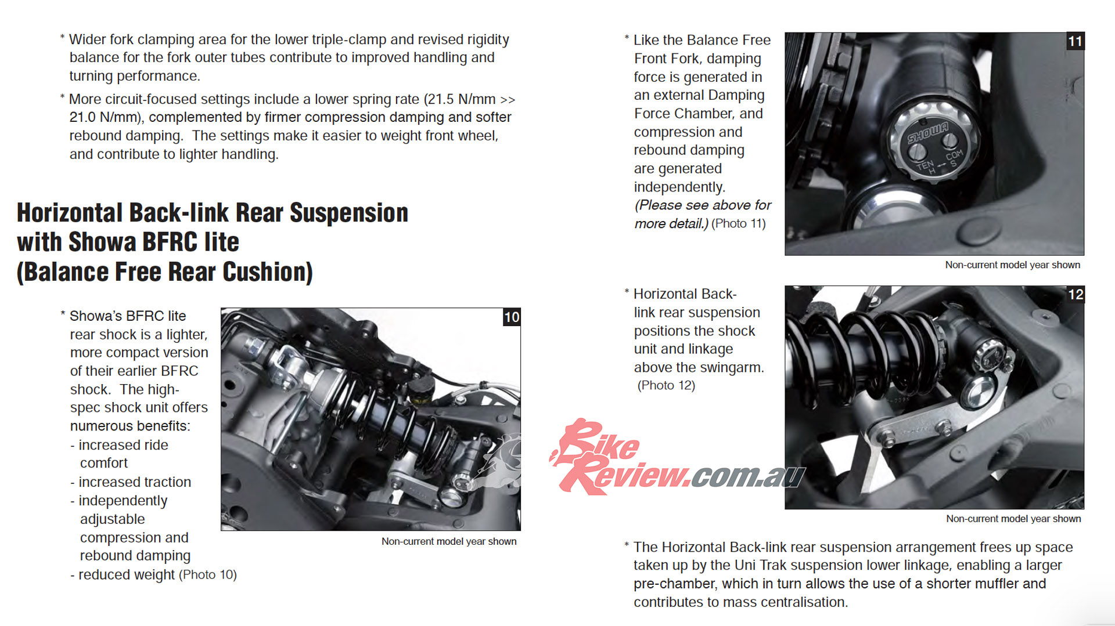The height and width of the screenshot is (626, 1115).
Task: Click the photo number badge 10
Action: click(512, 317)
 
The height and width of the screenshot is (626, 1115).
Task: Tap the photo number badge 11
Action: click(1076, 41)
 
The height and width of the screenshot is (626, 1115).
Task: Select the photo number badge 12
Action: click(1076, 295)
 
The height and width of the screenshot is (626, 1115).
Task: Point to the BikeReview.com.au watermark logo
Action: click(677, 458)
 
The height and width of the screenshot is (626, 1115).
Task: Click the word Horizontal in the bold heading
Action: click(69, 213)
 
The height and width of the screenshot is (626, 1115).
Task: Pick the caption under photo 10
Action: click(449, 541)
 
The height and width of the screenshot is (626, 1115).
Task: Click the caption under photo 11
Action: click(1013, 265)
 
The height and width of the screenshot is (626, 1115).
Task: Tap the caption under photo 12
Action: click(1013, 519)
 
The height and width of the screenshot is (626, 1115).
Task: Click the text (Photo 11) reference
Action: click(739, 223)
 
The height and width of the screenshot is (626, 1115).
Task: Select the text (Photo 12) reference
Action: click(666, 385)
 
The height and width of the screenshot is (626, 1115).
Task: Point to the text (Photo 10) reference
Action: click(208, 574)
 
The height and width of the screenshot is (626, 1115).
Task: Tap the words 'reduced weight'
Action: click(126, 574)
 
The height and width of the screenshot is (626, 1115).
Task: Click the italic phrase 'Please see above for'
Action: click(703, 205)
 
